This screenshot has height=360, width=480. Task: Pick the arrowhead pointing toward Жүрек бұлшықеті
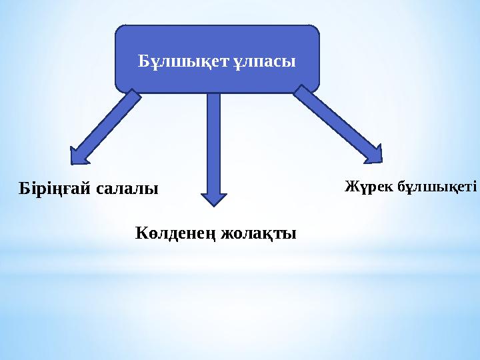tap(375, 153)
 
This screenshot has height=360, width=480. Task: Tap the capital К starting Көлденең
tap(141, 234)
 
